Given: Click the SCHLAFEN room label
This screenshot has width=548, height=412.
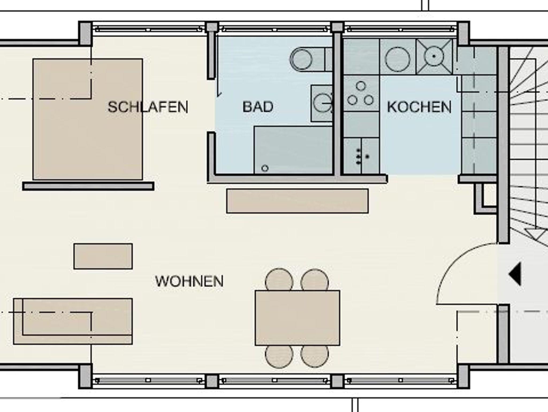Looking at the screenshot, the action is (148, 107).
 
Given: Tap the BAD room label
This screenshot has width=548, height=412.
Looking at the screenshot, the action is (258, 107).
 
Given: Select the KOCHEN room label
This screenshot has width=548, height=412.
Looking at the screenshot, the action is (419, 107).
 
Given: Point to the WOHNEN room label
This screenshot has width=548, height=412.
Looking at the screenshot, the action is (189, 281).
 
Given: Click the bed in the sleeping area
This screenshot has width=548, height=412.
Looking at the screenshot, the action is (88, 119).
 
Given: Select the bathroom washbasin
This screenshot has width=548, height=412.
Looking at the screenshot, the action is (322, 103).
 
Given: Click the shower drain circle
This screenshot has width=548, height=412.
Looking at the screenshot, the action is (265, 168).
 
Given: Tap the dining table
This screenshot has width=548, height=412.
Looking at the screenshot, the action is (297, 318).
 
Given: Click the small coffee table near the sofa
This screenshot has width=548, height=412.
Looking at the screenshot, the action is (103, 256).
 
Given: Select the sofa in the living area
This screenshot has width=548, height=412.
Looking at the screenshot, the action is (73, 321).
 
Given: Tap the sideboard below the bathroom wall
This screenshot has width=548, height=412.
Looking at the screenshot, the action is (297, 201).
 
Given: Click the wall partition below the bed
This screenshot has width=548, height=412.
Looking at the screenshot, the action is (88, 186).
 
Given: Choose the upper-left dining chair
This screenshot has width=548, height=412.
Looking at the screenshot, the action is (279, 280).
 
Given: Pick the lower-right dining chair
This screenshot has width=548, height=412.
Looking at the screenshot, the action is (315, 356).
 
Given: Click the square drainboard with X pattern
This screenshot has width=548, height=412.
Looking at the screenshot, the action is (434, 56).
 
